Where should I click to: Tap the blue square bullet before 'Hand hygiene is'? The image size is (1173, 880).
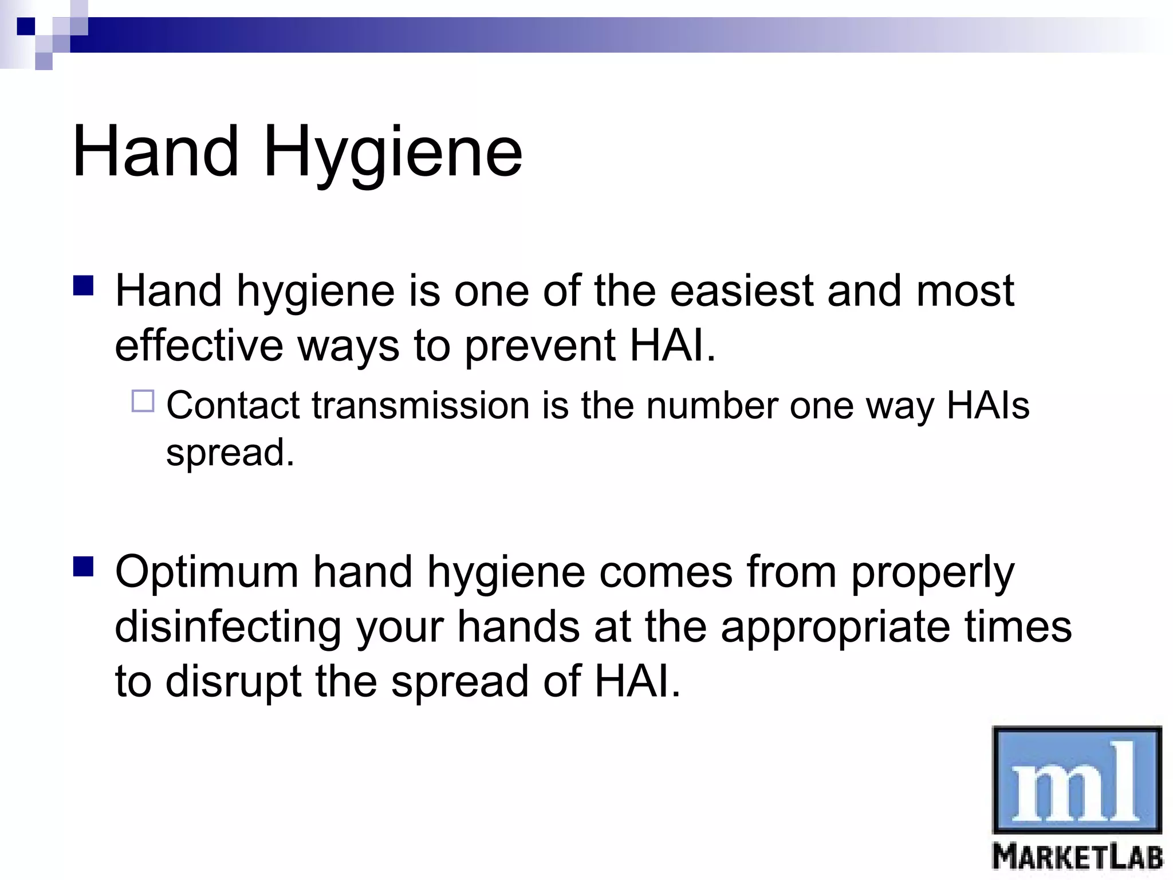[x=84, y=286]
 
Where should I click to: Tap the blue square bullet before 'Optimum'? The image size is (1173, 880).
[x=84, y=567]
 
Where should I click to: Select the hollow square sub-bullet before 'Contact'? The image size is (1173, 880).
[x=143, y=401]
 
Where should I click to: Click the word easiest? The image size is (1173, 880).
[x=741, y=291]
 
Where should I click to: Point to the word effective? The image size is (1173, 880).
[x=199, y=345]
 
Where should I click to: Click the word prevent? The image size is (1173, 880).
[x=540, y=347]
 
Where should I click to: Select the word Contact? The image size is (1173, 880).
[x=233, y=406]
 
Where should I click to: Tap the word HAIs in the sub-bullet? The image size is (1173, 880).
[x=988, y=406]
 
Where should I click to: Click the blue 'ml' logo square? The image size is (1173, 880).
[x=1077, y=779]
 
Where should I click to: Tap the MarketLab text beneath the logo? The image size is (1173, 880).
[x=1077, y=858]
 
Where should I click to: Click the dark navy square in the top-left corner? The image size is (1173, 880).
[x=26, y=26]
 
